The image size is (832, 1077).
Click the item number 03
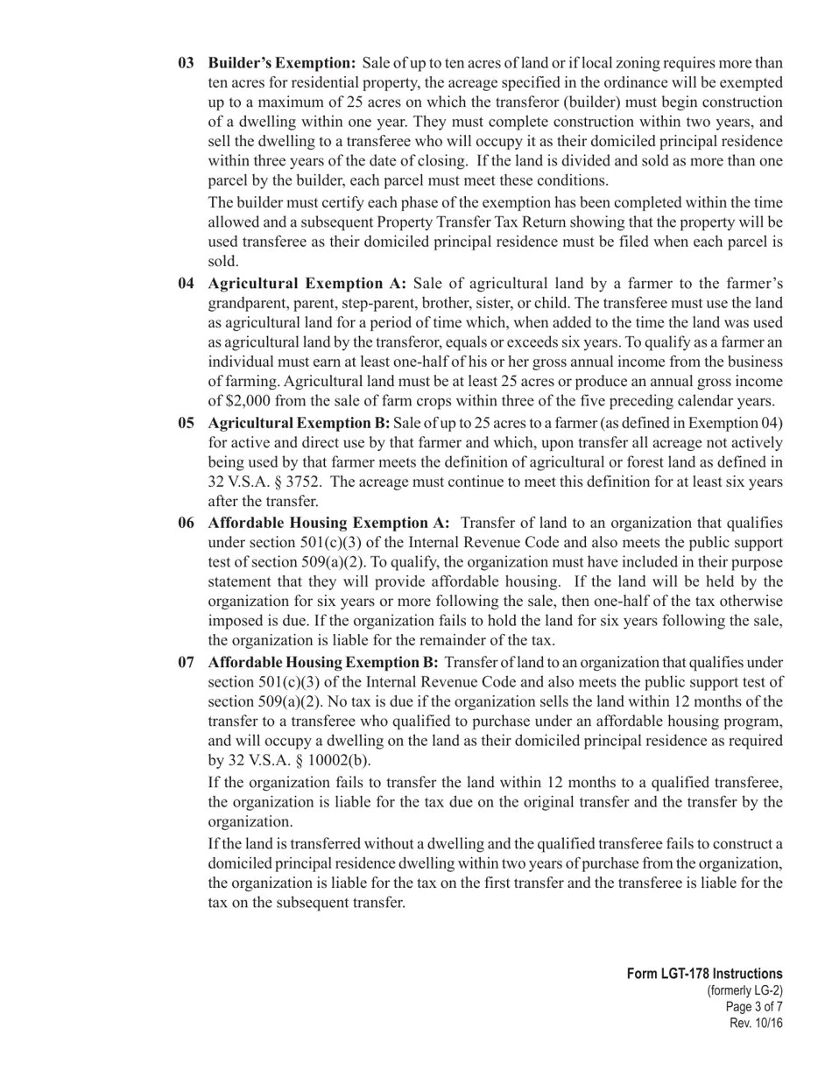tap(186, 63)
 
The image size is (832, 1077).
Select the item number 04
tap(186, 284)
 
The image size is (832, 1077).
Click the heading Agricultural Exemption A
tap(307, 284)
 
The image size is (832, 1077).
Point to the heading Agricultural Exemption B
tap(299, 423)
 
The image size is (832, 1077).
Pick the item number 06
tap(186, 523)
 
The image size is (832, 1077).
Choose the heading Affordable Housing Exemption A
tap(328, 523)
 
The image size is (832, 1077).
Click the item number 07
tap(186, 662)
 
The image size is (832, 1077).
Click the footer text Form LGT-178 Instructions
tap(704, 974)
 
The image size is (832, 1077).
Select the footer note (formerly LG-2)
tap(744, 990)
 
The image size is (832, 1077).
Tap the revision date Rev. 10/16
tap(756, 1024)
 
